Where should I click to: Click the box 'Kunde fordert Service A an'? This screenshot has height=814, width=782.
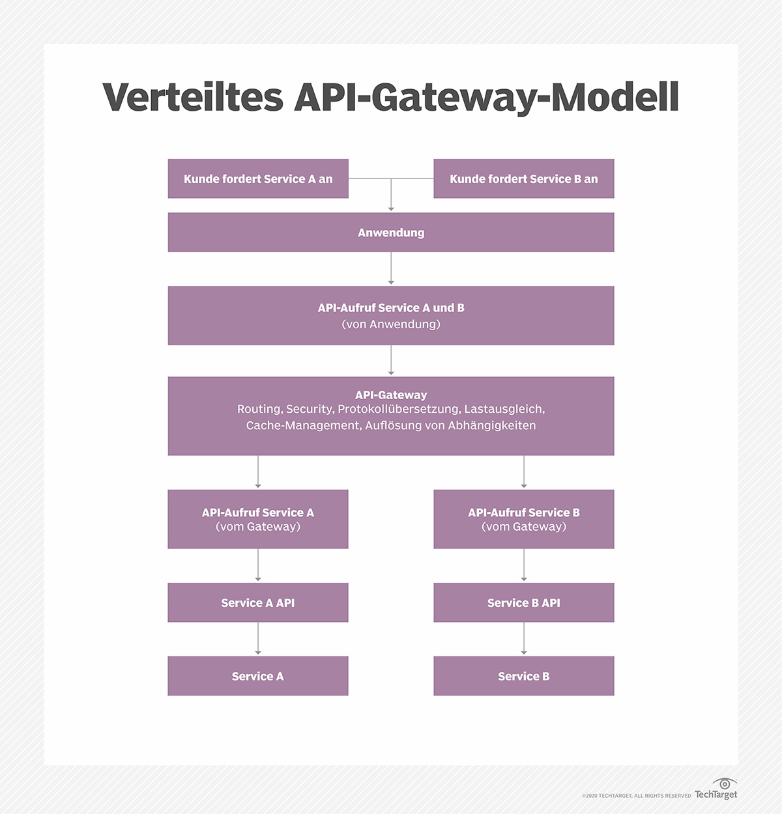tap(258, 178)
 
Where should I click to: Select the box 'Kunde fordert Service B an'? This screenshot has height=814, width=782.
tap(523, 178)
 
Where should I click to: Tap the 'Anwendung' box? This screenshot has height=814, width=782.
tap(391, 232)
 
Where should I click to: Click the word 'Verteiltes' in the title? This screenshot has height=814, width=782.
tap(193, 98)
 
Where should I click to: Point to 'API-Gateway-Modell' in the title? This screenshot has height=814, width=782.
tap(486, 98)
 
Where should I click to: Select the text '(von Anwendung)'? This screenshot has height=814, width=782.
tap(391, 324)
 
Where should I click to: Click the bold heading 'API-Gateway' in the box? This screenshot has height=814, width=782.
tap(391, 395)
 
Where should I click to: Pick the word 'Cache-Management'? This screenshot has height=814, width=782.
tap(302, 426)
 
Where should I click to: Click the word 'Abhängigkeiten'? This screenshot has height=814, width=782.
tap(492, 426)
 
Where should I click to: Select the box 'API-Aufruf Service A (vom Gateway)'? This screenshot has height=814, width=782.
tap(258, 519)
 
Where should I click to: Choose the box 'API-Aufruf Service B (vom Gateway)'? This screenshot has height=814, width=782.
tap(523, 519)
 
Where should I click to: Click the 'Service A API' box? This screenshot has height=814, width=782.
tap(258, 602)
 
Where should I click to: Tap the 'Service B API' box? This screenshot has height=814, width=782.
tap(523, 602)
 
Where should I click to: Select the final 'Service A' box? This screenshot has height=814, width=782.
tap(258, 676)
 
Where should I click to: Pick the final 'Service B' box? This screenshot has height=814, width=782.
tap(523, 676)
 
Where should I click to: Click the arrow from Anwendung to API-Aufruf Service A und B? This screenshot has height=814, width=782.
tap(391, 268)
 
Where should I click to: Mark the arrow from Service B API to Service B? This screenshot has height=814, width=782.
tap(524, 639)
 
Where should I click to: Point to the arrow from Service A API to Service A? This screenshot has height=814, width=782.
tap(258, 639)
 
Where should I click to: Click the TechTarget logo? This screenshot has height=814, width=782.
tap(716, 789)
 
